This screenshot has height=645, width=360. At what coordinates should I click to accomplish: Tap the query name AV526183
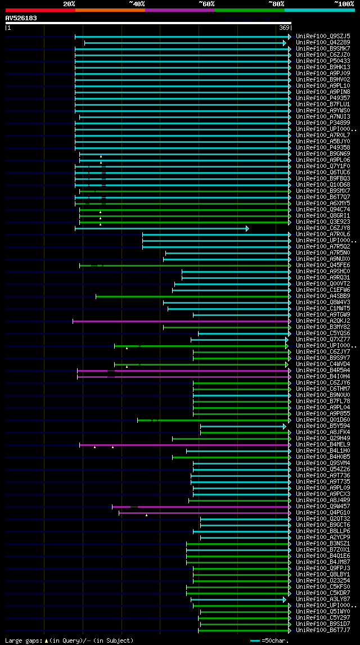pyautogui.click(x=21, y=18)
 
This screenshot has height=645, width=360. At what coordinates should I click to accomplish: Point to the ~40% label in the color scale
pyautogui.click(x=136, y=4)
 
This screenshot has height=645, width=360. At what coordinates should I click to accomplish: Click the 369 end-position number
pyautogui.click(x=284, y=28)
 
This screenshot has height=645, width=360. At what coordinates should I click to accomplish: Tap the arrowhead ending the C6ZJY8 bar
pyautogui.click(x=247, y=228)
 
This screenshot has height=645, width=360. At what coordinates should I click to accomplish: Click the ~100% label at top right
pyautogui.click(x=344, y=4)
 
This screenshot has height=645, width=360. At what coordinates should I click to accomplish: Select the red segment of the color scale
pyautogui.click(x=39, y=10)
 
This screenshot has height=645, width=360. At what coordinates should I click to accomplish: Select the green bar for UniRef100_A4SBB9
pyautogui.click(x=191, y=296)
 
